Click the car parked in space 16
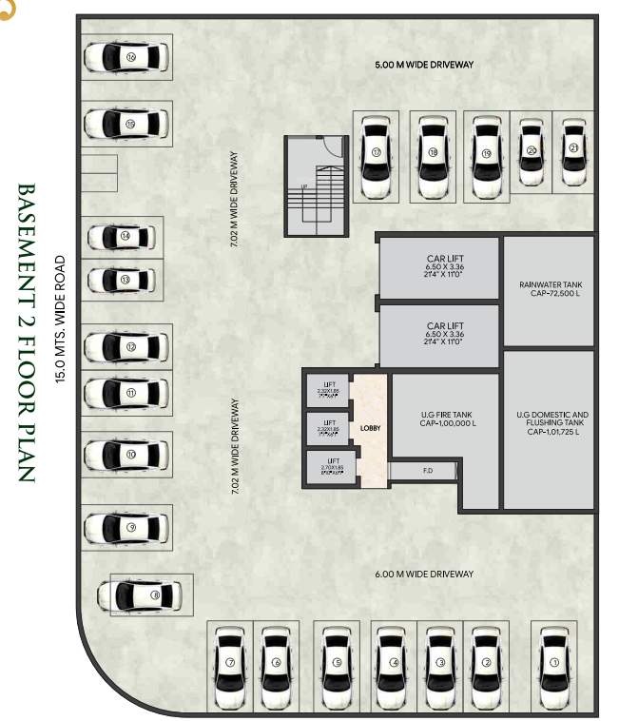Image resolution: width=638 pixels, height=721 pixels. (126, 58)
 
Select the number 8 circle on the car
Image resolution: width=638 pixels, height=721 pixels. (155, 596)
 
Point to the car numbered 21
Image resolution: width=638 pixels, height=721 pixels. (573, 151)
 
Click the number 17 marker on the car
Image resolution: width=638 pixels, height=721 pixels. (377, 152)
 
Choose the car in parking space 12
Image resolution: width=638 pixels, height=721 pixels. (126, 347)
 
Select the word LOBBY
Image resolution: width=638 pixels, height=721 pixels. (370, 429)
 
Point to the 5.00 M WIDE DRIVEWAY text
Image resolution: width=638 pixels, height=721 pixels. (424, 65)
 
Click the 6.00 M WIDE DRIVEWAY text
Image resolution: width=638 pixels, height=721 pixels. (424, 574)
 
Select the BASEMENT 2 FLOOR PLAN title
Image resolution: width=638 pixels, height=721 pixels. (26, 332)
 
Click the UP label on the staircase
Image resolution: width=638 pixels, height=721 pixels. (303, 186)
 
